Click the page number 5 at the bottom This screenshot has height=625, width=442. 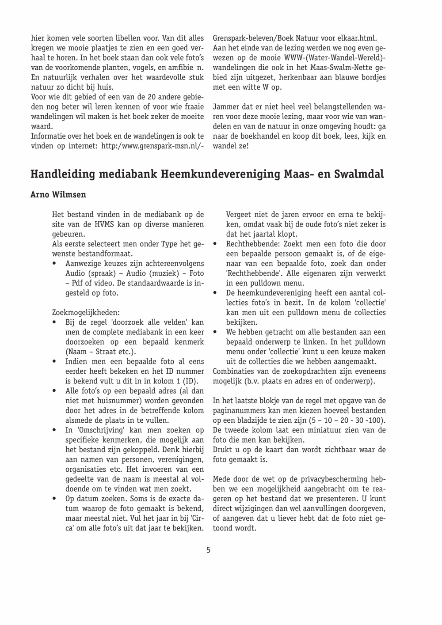(x=208, y=550)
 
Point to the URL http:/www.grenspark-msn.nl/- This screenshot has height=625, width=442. (x=152, y=146)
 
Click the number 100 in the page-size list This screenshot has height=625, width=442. (x=376, y=420)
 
